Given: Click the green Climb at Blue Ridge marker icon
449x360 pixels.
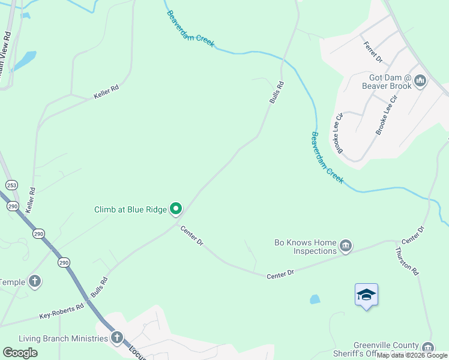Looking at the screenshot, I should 176,209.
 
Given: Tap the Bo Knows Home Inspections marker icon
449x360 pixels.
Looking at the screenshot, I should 345,246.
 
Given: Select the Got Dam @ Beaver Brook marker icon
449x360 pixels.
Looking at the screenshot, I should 420,80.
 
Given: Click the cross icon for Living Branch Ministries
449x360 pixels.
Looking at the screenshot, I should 116,338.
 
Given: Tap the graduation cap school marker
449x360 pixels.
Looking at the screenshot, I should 366,295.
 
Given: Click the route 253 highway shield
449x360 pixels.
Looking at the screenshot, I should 11,184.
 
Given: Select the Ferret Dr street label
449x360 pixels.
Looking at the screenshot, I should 372,52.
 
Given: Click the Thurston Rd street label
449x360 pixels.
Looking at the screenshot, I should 406,261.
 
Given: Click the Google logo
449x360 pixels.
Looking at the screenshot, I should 20,353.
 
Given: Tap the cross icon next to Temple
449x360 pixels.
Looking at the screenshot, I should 35,281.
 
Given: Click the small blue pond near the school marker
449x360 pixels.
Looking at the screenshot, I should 315,299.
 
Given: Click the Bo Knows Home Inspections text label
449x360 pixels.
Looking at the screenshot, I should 305,247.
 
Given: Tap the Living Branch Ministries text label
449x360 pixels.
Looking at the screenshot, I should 63,339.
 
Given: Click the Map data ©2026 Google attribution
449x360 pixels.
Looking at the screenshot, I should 412,355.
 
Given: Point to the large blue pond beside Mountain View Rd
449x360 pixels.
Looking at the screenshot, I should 24,61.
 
